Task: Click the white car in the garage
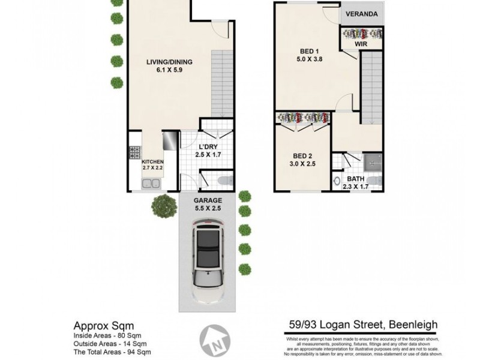coord(208,260)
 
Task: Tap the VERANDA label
coord(361,14)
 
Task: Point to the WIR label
coord(361,44)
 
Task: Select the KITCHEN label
coord(152,161)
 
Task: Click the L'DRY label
coord(208,146)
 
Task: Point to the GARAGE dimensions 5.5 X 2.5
coord(208,209)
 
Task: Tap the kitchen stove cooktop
coord(134,152)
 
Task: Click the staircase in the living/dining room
coord(221,83)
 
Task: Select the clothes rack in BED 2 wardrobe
coord(302,118)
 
